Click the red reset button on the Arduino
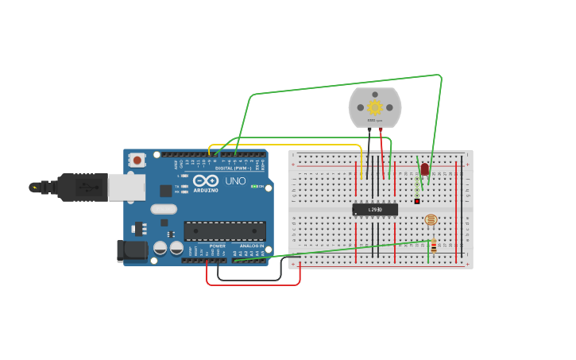point(137,160)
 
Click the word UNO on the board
point(236,181)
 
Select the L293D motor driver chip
point(375,209)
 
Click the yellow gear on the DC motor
point(374,107)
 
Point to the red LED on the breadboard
point(424,169)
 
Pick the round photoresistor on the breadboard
point(431,219)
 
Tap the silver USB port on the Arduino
point(126,187)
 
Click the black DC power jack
point(131,250)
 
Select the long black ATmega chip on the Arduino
point(225,230)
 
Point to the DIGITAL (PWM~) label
point(233,168)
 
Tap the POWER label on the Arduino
point(217,246)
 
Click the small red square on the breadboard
point(416,201)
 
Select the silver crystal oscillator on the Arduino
point(163,210)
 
